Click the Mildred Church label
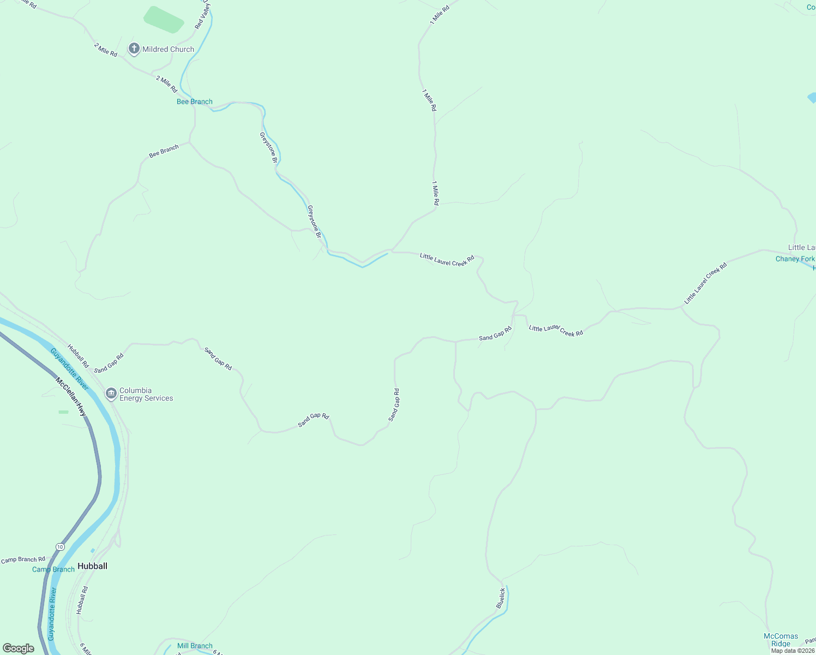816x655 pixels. pos(168,49)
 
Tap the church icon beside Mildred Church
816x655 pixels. pos(134,49)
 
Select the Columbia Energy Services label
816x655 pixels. pos(146,394)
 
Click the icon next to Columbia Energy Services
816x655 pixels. pos(111,393)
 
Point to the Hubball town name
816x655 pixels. pos(92,566)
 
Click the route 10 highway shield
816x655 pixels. pos(60,546)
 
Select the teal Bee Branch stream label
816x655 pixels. pos(195,102)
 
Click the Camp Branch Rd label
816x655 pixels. pos(23,559)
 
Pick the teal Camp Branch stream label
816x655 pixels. pos(53,569)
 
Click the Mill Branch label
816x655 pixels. pos(195,646)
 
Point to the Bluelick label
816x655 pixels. pos(501,598)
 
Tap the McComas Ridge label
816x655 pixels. pos(781,640)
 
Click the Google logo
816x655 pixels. pos(19,648)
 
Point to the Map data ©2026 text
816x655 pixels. pos(793,651)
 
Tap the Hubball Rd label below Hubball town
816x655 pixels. pos(82,600)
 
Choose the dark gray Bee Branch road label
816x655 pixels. pos(164,151)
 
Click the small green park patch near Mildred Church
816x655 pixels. pos(164,20)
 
